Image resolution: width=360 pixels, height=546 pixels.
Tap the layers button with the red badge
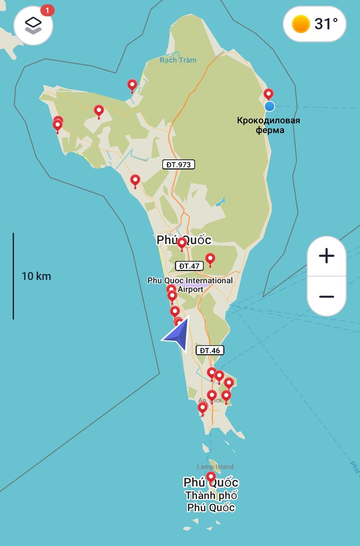[x=33, y=25]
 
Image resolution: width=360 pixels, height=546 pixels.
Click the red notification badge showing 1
[x=47, y=10]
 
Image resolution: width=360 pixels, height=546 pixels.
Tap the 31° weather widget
[x=314, y=24]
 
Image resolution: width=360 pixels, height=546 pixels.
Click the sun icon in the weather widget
[x=301, y=24]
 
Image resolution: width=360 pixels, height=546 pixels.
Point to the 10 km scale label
[x=36, y=276]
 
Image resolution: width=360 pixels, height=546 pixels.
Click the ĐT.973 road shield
[x=178, y=165]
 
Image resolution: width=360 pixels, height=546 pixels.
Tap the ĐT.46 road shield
[x=210, y=350]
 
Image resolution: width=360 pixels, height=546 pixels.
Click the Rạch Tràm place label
[x=178, y=60]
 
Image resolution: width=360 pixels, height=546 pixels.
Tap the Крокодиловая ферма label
[x=268, y=125]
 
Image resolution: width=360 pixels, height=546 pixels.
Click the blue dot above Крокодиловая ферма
[x=269, y=106]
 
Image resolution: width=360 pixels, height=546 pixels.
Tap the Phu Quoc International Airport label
[x=190, y=285]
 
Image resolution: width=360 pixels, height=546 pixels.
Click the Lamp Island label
[x=215, y=467]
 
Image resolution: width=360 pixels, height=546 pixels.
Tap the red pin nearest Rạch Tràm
[x=132, y=85]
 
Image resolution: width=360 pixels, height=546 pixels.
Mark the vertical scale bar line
[x=13, y=276]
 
